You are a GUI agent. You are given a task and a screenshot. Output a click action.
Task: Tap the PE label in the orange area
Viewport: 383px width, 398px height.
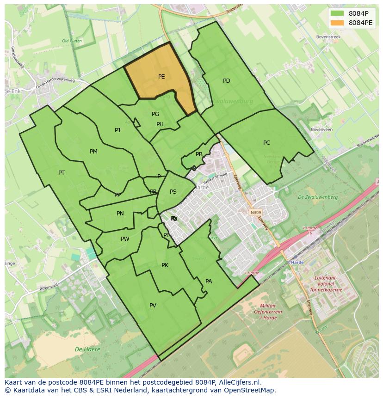pyautogui.click(x=161, y=77)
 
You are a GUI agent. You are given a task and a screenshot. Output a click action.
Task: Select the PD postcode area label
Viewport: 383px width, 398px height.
pyautogui.click(x=227, y=81)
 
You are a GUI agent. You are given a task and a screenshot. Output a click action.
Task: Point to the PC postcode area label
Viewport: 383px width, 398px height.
pyautogui.click(x=266, y=143)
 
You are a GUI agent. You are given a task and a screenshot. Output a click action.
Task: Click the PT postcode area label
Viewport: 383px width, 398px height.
pyautogui.click(x=62, y=173)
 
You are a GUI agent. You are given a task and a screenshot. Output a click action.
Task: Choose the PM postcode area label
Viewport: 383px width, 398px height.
pyautogui.click(x=93, y=152)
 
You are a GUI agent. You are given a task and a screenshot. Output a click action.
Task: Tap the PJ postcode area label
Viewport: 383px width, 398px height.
pyautogui.click(x=117, y=130)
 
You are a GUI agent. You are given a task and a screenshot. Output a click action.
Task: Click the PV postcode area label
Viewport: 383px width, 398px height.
pyautogui.click(x=153, y=306)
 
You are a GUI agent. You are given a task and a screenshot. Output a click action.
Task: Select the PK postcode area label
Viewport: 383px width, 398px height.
pyautogui.click(x=165, y=265)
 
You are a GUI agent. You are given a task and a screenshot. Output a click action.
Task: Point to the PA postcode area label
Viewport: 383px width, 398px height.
pyautogui.click(x=209, y=282)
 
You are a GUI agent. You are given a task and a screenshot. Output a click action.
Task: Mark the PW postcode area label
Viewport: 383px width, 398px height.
pyautogui.click(x=125, y=239)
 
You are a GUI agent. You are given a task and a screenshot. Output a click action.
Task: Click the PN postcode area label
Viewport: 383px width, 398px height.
pyautogui.click(x=120, y=214)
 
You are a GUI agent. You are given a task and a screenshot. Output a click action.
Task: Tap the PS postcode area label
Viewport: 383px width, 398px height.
pyautogui.click(x=173, y=192)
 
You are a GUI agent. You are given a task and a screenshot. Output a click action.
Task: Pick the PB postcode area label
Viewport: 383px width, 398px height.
pyautogui.click(x=199, y=155)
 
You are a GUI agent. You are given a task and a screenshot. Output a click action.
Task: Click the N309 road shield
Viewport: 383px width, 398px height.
pyautogui.click(x=255, y=213)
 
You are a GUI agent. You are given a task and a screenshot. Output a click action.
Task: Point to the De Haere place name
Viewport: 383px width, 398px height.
pyautogui.click(x=87, y=349)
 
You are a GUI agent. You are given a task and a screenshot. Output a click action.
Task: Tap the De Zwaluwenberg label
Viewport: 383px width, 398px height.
pyautogui.click(x=318, y=197)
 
